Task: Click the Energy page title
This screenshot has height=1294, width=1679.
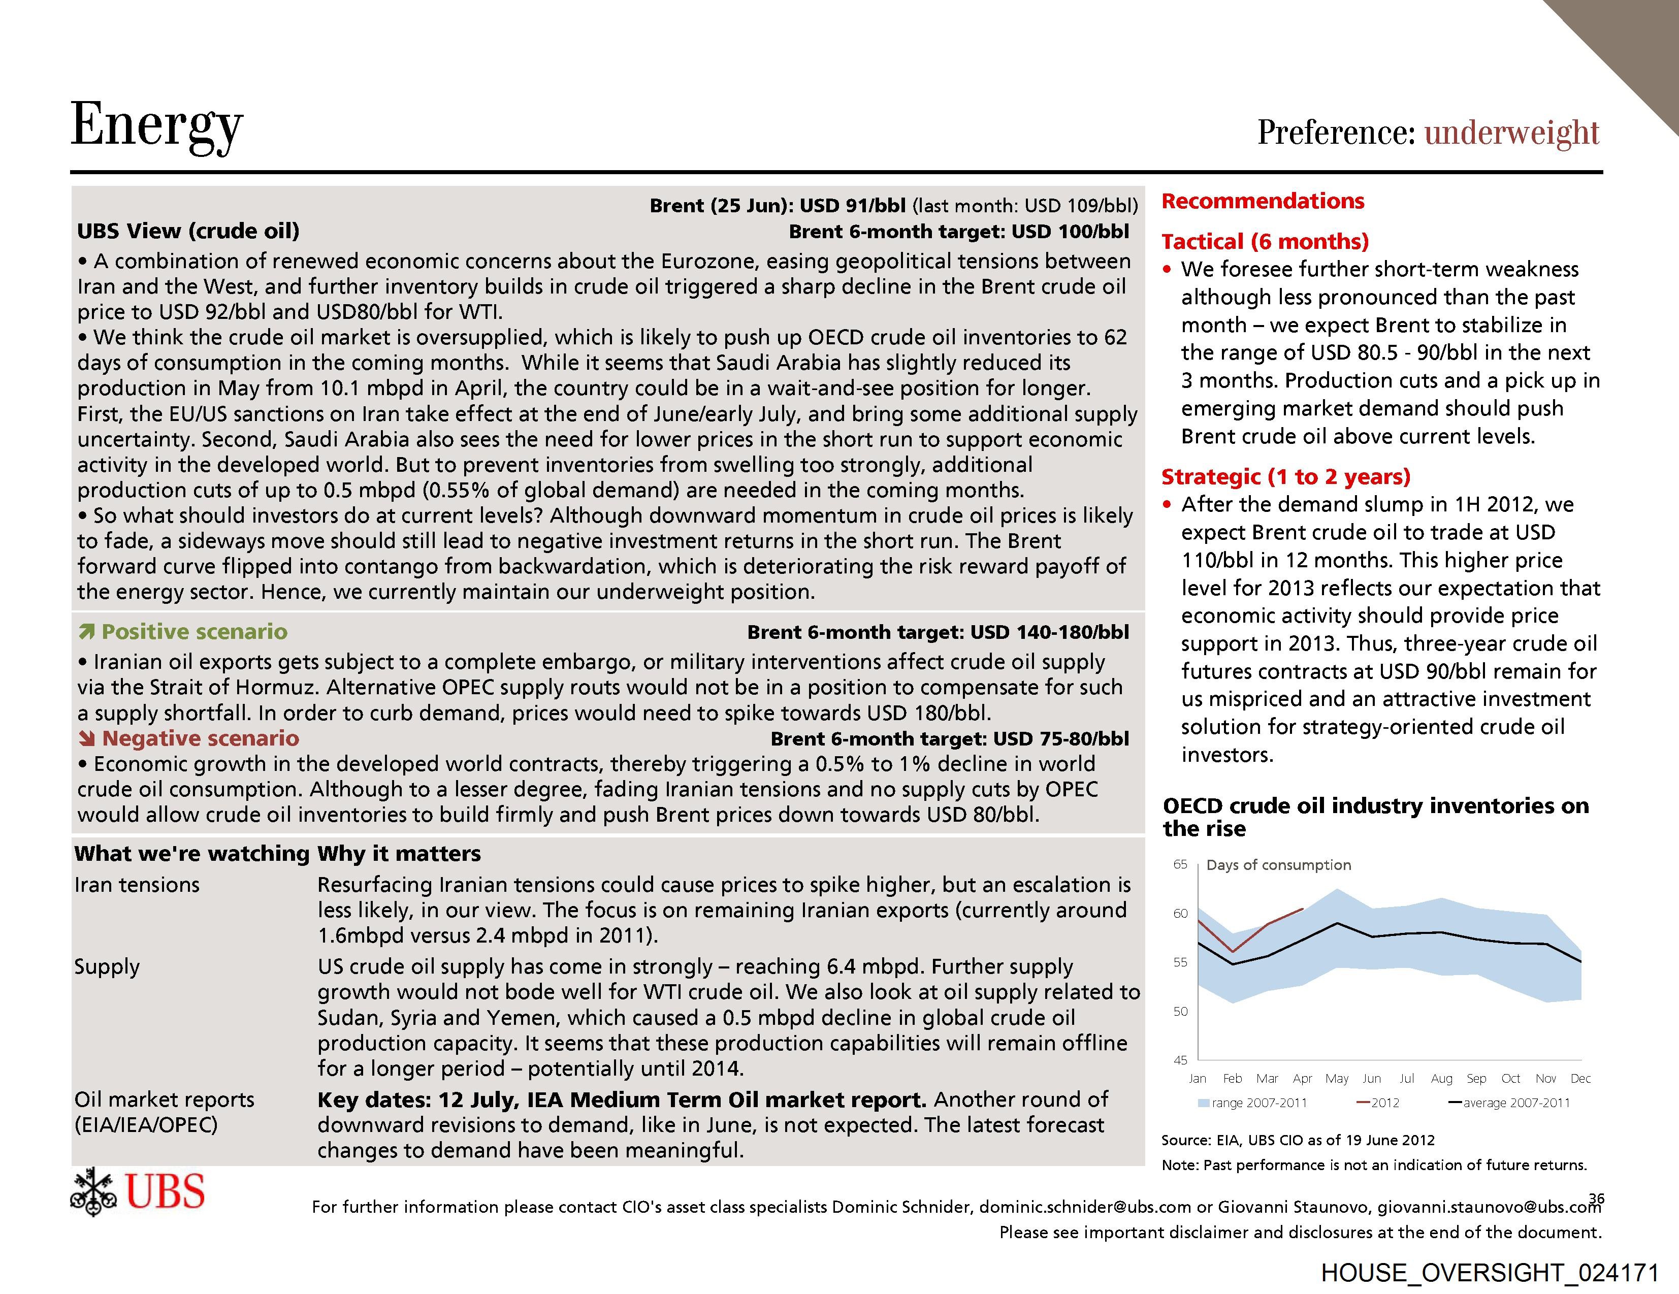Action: point(157,125)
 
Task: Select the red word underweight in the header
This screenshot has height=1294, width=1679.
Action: point(1511,132)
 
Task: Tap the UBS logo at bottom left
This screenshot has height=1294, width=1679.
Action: point(138,1192)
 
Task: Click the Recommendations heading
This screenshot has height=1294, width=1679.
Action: point(1263,202)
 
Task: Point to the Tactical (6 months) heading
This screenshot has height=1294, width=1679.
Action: point(1265,241)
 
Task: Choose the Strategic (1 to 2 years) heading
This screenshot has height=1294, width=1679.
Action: point(1285,477)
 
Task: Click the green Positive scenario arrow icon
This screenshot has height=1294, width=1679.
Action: point(86,632)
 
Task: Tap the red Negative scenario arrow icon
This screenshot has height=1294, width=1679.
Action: point(86,739)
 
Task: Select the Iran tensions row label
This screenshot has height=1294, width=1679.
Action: point(137,885)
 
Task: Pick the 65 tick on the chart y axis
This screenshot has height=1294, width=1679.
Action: point(1180,864)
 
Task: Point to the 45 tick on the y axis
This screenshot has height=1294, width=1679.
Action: point(1180,1060)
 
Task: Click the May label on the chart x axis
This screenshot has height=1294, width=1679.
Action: point(1337,1079)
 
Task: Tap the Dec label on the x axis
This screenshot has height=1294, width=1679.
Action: point(1580,1079)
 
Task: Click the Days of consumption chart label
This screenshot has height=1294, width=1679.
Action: point(1278,865)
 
